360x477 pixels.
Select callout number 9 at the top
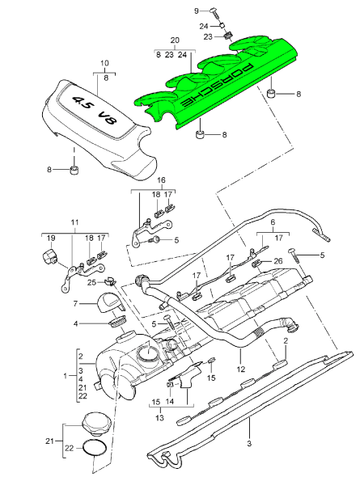tap(196, 10)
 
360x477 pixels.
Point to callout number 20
tap(174, 40)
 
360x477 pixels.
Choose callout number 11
tap(74, 222)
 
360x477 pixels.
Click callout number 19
tap(50, 238)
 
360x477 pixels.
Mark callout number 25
tap(93, 281)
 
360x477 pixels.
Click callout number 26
tap(278, 260)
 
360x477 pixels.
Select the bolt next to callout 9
tap(215, 11)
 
